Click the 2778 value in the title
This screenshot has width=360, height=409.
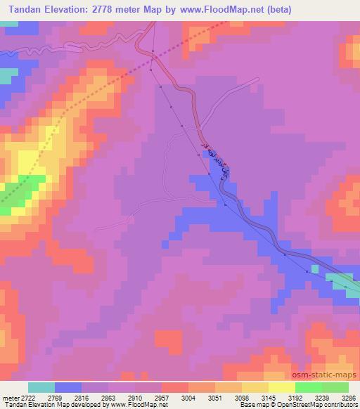[x=106, y=9]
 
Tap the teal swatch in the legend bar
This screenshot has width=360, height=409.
[x=41, y=387]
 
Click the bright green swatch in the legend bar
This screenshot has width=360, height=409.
[x=309, y=387]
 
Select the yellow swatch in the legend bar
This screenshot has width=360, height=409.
[x=281, y=387]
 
